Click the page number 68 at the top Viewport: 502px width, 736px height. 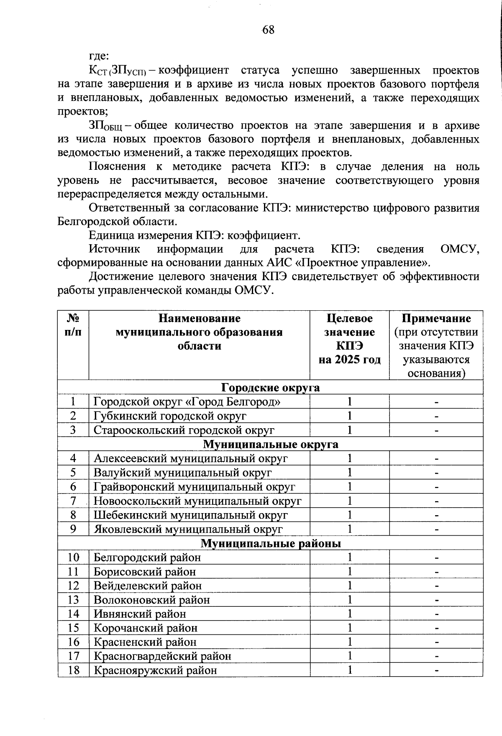(x=268, y=30)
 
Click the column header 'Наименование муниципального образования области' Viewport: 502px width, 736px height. (x=199, y=332)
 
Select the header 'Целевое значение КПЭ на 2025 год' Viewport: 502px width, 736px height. (x=349, y=339)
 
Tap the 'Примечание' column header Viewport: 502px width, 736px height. (x=436, y=319)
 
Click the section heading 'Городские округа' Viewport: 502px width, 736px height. (x=270, y=388)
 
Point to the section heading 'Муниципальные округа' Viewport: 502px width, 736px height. (x=270, y=445)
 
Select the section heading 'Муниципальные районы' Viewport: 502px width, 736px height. (x=270, y=543)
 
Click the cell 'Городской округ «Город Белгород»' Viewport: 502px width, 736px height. (x=187, y=402)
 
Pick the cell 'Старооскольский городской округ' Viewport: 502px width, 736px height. (x=184, y=430)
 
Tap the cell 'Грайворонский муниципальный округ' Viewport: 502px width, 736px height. (x=195, y=487)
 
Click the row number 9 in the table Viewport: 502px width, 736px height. (x=73, y=529)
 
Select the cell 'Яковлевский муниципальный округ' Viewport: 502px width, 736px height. (x=188, y=529)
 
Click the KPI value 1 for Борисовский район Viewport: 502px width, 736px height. (x=349, y=571)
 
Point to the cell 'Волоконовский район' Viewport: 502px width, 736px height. (x=152, y=600)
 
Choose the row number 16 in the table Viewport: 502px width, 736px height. (x=73, y=642)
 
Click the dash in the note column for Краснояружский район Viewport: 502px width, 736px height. (x=436, y=670)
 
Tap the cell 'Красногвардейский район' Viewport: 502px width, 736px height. (x=162, y=656)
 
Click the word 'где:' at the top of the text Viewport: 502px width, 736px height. (x=99, y=56)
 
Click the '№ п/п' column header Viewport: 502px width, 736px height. (x=73, y=325)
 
